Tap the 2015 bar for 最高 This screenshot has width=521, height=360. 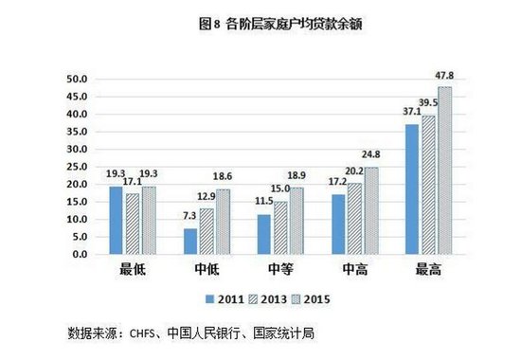coord(443,171)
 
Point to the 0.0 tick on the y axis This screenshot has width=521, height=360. coord(77,255)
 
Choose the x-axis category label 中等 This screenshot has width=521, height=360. coord(281,271)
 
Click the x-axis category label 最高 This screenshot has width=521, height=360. coord(428,271)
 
